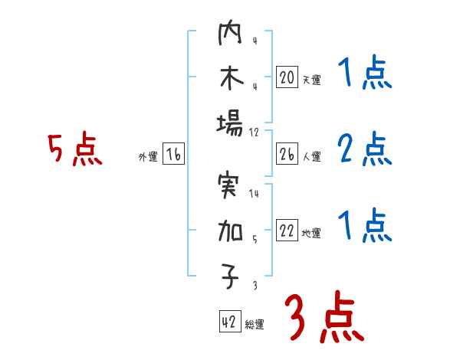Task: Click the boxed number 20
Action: click(287, 77)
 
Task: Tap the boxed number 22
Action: click(287, 231)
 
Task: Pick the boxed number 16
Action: click(173, 155)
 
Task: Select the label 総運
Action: click(255, 325)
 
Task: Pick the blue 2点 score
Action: click(365, 149)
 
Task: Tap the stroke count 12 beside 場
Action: click(255, 132)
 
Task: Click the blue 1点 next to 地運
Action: click(365, 226)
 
